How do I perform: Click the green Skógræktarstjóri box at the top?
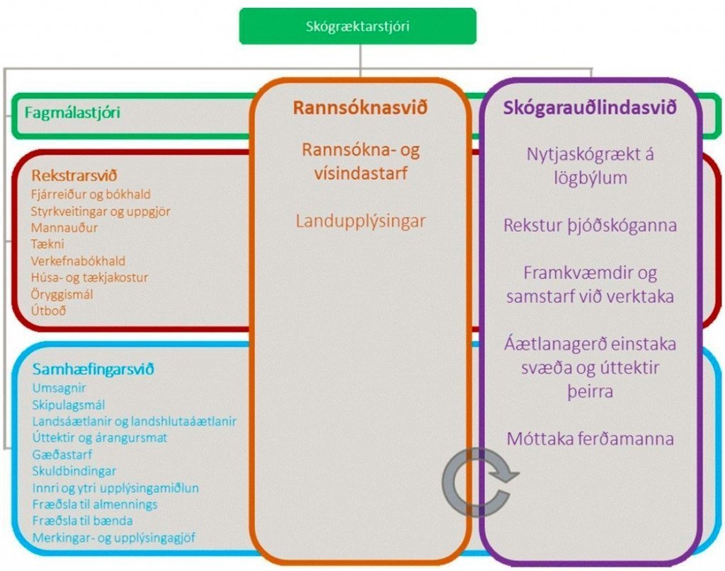(x=358, y=26)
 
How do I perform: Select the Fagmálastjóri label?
(x=72, y=113)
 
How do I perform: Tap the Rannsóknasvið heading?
(x=360, y=108)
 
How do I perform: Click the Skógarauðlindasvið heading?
(x=590, y=108)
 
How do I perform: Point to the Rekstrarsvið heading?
(x=74, y=175)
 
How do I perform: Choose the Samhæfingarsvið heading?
(x=93, y=369)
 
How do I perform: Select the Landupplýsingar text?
(x=360, y=221)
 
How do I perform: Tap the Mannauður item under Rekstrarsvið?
(x=64, y=228)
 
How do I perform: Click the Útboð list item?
(x=49, y=311)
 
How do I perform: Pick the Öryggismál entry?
(x=62, y=294)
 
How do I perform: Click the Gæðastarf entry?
(x=62, y=454)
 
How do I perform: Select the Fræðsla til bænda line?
(x=82, y=521)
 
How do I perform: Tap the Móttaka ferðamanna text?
(x=590, y=439)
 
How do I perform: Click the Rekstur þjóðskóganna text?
(x=590, y=226)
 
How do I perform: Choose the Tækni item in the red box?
(x=47, y=244)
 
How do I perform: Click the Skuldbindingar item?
(x=74, y=471)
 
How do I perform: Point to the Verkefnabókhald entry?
(x=78, y=261)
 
